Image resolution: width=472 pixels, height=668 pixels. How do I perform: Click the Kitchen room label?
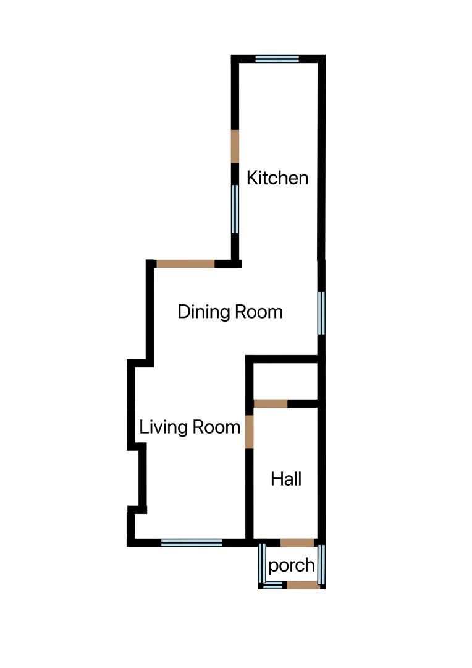[277, 178]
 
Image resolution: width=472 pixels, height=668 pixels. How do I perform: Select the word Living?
[162, 427]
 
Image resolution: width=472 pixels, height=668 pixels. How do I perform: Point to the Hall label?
[287, 479]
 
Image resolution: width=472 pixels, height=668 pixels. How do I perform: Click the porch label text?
[292, 565]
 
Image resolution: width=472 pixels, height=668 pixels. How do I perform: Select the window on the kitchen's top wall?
[277, 59]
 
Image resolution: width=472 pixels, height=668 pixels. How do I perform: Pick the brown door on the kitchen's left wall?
[235, 147]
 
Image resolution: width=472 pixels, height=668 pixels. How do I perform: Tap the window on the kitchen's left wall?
[235, 209]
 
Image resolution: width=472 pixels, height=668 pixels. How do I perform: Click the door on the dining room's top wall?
[185, 263]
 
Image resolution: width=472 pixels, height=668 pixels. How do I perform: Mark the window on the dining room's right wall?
[321, 313]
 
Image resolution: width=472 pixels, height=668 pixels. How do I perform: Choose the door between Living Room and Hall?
[250, 432]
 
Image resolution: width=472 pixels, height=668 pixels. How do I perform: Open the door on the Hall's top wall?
[271, 404]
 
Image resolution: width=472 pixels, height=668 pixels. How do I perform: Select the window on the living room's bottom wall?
[192, 542]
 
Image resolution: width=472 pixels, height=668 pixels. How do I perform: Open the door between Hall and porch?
[297, 542]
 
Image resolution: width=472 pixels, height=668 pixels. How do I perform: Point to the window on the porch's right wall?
[321, 564]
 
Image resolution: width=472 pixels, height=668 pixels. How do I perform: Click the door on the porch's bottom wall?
[303, 584]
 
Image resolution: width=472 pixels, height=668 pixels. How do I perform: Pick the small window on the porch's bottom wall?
[272, 584]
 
